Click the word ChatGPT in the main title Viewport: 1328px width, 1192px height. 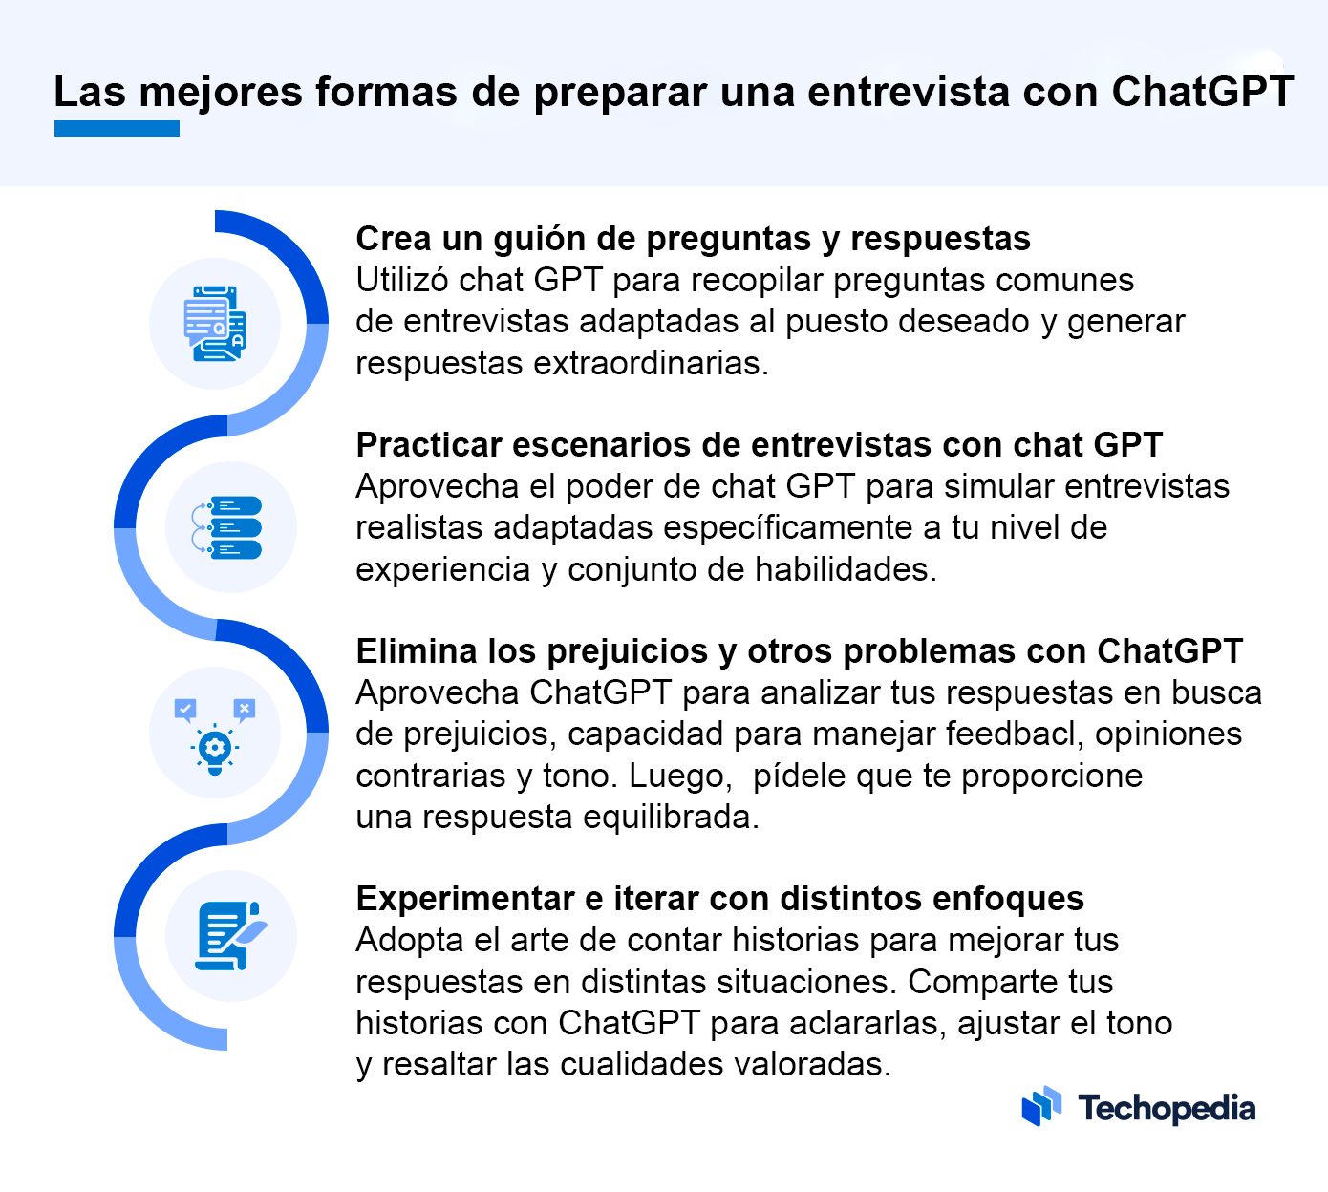pyautogui.click(x=1203, y=91)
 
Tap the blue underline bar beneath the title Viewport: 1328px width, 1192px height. pyautogui.click(x=117, y=128)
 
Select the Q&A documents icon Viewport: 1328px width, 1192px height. pyautogui.click(x=215, y=323)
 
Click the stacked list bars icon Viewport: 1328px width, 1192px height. pyautogui.click(x=226, y=527)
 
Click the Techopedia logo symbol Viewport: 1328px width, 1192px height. pyautogui.click(x=1041, y=1106)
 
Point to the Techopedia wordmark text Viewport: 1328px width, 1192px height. pyautogui.click(x=1167, y=1108)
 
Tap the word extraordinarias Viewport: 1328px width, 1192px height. pyautogui.click(x=651, y=363)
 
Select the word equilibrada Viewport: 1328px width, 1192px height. pyautogui.click(x=672, y=818)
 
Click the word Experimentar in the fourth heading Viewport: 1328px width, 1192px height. pyautogui.click(x=465, y=899)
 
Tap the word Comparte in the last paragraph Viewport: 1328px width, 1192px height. pyautogui.click(x=982, y=982)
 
